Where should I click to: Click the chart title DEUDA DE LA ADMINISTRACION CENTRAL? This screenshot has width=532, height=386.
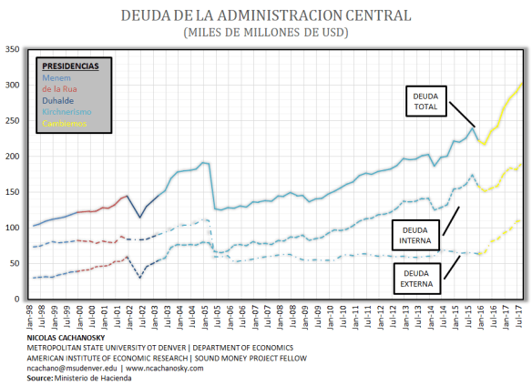coord(265,15)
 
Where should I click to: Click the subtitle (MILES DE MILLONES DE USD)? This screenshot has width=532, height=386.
coord(265,33)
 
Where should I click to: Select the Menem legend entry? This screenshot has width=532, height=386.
coord(56,77)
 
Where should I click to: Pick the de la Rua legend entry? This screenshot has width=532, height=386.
coord(61,89)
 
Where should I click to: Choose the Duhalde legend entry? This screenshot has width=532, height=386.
coord(58,100)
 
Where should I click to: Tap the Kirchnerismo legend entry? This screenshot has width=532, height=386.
coord(66,112)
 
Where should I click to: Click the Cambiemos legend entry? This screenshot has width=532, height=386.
coord(65,123)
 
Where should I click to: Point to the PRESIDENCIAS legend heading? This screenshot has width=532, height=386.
coord(71,66)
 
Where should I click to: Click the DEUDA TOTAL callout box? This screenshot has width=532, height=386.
coord(425,100)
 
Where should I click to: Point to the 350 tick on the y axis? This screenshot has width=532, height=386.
coord(13,49)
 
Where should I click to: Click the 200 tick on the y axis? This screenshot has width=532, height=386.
coord(13,156)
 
